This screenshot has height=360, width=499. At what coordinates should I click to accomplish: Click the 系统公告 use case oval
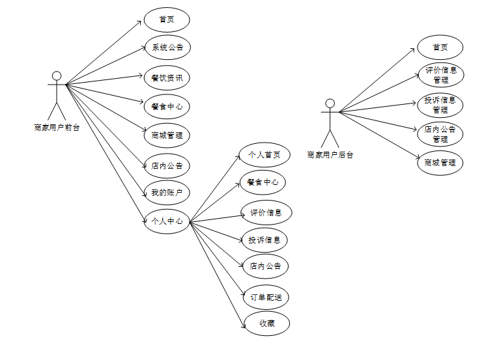coord(167,48)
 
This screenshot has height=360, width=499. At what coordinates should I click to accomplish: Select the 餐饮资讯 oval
coord(167,78)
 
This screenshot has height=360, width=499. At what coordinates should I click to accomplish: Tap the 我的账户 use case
coord(167,193)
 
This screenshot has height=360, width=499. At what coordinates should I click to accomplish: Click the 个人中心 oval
coord(167,221)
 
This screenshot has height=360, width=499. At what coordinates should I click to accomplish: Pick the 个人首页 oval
coord(264,155)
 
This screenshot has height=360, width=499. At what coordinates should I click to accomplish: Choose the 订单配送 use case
coord(266,298)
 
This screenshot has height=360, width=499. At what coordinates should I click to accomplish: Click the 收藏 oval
coord(266,324)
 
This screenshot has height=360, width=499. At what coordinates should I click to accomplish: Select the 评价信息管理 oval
coord(440,75)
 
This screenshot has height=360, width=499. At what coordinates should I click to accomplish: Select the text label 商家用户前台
coord(57,128)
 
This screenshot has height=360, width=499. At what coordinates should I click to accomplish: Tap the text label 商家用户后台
coord(330,155)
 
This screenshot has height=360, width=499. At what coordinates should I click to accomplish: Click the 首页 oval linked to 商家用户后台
coord(440,48)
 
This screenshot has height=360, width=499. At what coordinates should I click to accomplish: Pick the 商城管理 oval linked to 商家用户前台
coord(167,135)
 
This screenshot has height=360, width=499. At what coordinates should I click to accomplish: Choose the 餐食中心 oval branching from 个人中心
coord(263,182)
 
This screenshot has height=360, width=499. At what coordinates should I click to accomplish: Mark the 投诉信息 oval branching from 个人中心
coord(264,240)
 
